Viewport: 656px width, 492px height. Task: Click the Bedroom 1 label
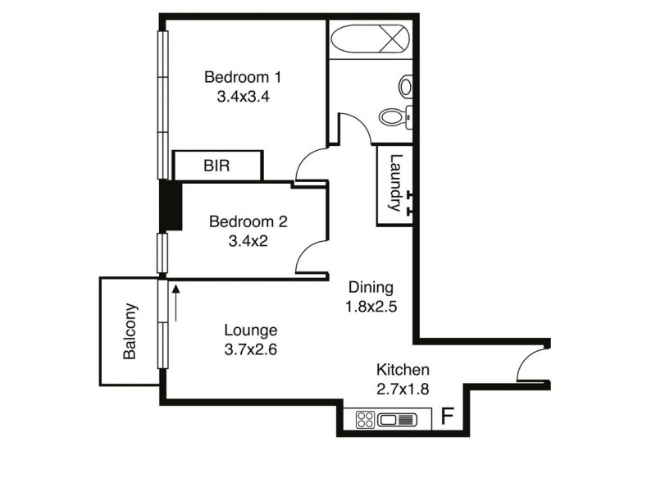[243, 78]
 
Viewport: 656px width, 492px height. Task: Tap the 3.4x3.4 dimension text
[243, 96]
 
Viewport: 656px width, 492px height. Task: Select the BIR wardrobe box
[217, 166]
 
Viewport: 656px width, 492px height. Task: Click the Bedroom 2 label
[248, 221]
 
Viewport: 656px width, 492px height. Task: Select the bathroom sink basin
[407, 85]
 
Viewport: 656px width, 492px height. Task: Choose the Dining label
[371, 288]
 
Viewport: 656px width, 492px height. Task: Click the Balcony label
[130, 332]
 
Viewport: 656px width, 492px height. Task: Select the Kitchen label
[402, 370]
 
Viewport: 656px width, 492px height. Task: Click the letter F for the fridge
[447, 416]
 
